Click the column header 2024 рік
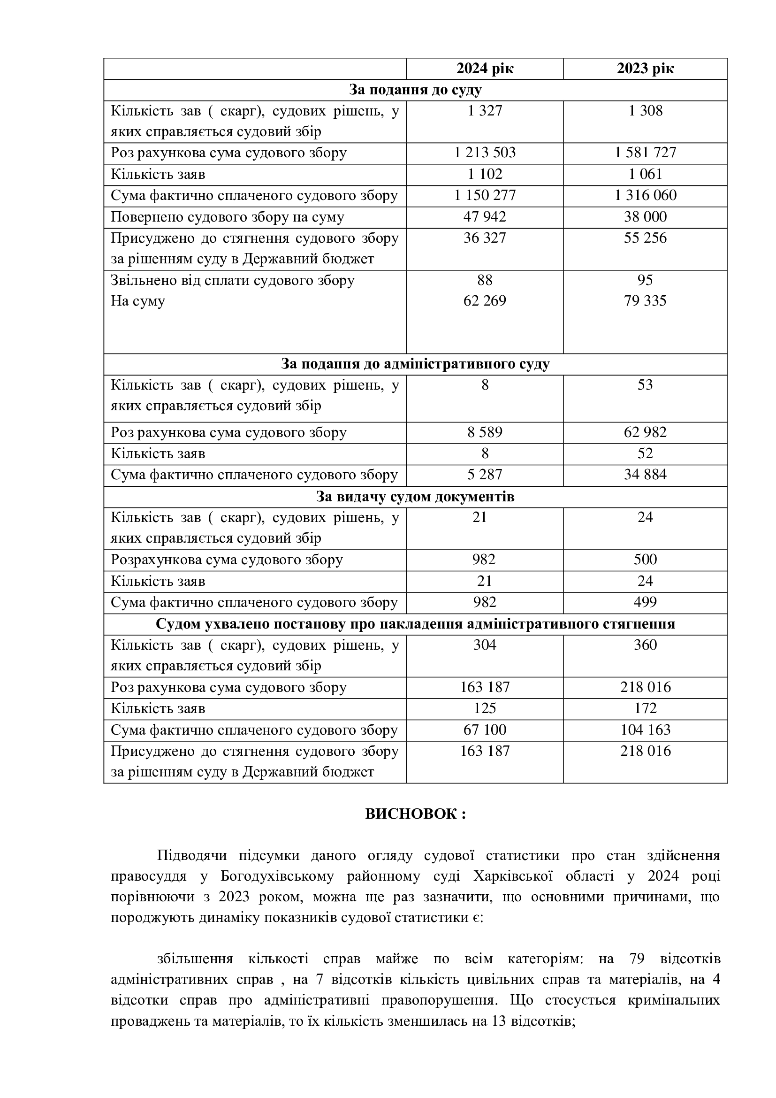[485, 69]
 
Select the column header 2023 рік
[645, 69]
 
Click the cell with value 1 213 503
[485, 153]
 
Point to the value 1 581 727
[645, 153]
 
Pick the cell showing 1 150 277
[485, 195]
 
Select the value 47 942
[485, 216]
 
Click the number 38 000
[645, 216]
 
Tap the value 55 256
[645, 238]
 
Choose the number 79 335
[645, 301]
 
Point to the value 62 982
[645, 432]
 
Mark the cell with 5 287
[485, 475]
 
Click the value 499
[645, 602]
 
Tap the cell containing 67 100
[485, 730]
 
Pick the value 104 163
[645, 730]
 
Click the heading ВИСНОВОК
[415, 814]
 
